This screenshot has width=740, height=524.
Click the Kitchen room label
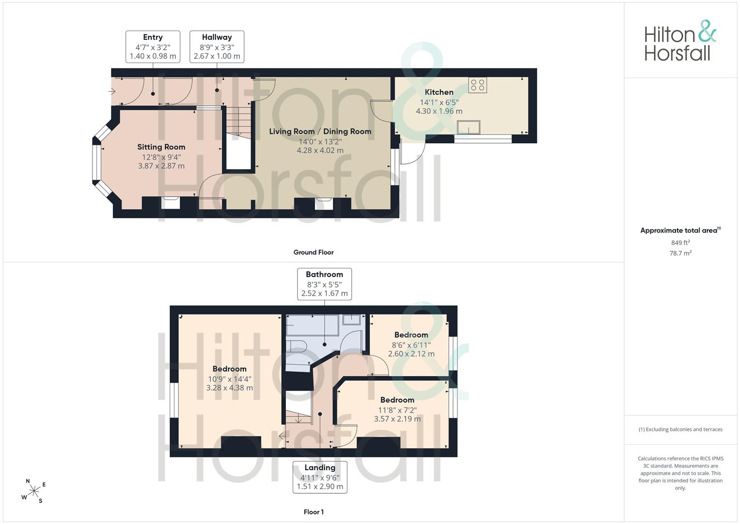coord(439,92)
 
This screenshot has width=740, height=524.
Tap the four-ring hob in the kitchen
coord(477,85)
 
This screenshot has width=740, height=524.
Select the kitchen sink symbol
coord(469,127)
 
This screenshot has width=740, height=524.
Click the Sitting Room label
coord(161,147)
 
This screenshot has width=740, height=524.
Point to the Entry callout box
coord(153,47)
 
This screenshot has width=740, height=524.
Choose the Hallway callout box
coord(217,47)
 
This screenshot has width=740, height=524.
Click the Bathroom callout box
coord(324,284)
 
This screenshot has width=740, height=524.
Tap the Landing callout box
coord(320,477)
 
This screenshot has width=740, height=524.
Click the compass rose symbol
coord(34,491)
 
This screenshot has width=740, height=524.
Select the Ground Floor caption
coord(314,252)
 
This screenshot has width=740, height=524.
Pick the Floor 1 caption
coord(314,512)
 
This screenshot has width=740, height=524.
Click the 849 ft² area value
coord(680,243)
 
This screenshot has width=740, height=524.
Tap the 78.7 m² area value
coord(680,253)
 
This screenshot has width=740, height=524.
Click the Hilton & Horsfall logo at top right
coord(680,41)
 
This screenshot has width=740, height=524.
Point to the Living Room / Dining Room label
coord(320,131)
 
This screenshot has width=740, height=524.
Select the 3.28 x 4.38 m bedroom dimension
coord(230,388)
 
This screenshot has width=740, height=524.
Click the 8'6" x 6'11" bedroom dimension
coord(411,345)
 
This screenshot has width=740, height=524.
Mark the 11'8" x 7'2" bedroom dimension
coord(397,410)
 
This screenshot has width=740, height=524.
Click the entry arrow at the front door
coord(111,91)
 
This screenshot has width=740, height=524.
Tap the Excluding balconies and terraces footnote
coord(680,429)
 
